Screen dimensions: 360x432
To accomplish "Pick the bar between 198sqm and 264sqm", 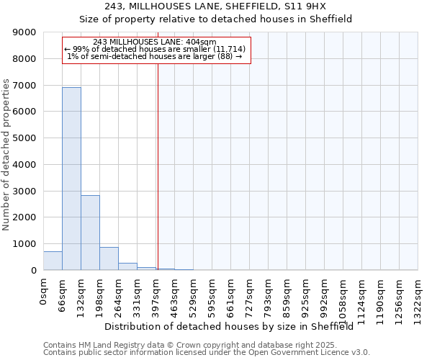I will click(x=109, y=258).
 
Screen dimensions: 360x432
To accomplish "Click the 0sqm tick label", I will click(x=45, y=292).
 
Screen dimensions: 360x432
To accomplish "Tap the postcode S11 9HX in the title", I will click(x=305, y=6).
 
